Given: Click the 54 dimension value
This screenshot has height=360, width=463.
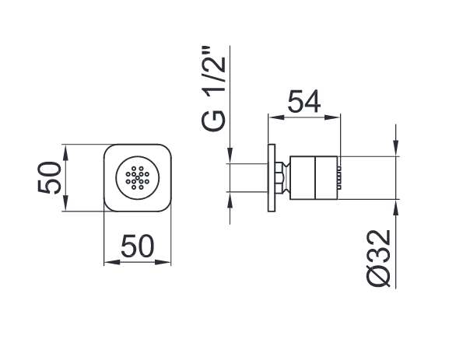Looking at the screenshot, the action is point(304,101).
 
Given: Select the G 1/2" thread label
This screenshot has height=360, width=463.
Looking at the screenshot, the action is point(213,88).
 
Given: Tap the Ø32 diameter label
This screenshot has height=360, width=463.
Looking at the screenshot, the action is point(377,259).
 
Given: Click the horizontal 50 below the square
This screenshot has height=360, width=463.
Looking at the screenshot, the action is point(138,246).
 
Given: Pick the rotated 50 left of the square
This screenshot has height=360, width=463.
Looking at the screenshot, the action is point(49,177).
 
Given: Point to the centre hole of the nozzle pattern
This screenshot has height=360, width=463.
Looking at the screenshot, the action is point(137,178).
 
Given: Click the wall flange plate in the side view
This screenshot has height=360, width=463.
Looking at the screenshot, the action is point(272,177).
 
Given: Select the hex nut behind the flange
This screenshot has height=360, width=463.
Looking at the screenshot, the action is point(279,177).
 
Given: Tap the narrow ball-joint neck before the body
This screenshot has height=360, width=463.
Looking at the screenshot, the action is point(286,177).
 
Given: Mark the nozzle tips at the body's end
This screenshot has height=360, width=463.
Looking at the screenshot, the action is point(339,177).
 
